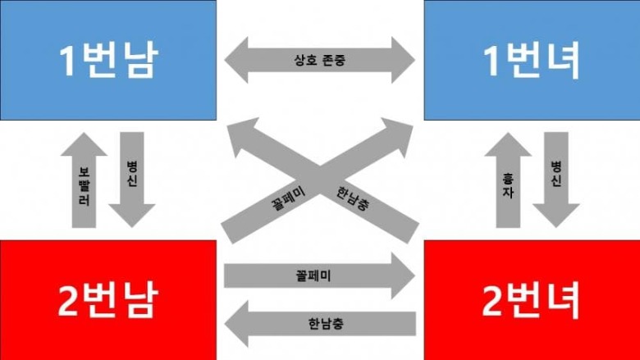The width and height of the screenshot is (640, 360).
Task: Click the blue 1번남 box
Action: tap(108, 60)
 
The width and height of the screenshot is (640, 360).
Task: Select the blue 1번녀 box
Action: tap(531, 60)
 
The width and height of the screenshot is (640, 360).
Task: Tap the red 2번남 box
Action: tap(108, 299)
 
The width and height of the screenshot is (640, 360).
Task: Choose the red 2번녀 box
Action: tap(531, 299)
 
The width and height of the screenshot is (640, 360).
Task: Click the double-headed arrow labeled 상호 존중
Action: tap(321, 61)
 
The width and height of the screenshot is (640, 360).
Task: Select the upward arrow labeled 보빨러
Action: tap(85, 185)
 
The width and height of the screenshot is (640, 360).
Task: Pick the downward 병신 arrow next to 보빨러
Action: tap(131, 176)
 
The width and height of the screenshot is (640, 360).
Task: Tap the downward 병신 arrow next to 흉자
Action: tap(556, 176)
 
